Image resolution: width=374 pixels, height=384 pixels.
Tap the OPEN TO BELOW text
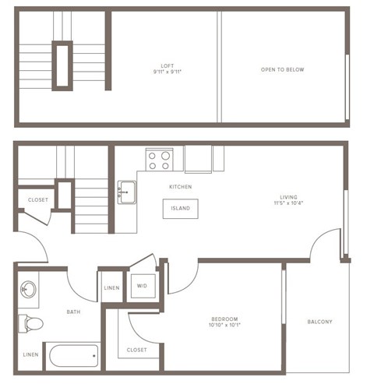pos(282,70)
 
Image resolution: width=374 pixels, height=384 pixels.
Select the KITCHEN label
pos(180,187)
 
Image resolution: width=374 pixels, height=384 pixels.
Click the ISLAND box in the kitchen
pos(180,209)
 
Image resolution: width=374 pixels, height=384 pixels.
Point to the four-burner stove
pos(160,160)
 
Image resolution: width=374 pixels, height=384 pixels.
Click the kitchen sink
pos(126,191)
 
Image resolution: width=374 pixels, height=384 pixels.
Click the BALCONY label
pos(319,322)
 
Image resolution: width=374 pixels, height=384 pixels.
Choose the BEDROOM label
pos(224,319)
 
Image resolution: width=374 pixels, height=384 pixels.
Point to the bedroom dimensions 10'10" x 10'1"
pos(224,326)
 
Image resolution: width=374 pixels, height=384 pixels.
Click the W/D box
pos(143,286)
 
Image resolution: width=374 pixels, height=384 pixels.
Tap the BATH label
pos(73,312)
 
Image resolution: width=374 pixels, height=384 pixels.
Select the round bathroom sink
pos(30,290)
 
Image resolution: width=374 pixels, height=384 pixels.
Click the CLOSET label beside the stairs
pos(37,200)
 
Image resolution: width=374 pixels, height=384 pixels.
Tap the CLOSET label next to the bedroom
pos(136,350)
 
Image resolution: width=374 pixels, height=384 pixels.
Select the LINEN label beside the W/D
pos(111,288)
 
